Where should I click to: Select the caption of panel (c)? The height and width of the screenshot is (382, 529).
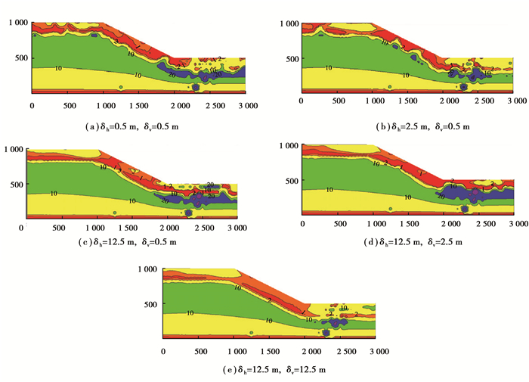tap(134, 242)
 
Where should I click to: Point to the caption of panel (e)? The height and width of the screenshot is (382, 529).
tap(271, 368)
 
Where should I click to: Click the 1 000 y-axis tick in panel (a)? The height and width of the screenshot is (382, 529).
tap(15, 24)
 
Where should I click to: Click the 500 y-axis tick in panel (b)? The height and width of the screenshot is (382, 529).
tap(291, 57)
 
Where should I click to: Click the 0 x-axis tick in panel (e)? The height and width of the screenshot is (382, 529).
tap(164, 352)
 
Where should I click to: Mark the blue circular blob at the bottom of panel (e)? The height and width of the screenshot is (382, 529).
tap(326, 332)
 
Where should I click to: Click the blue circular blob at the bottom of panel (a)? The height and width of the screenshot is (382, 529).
tap(196, 88)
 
